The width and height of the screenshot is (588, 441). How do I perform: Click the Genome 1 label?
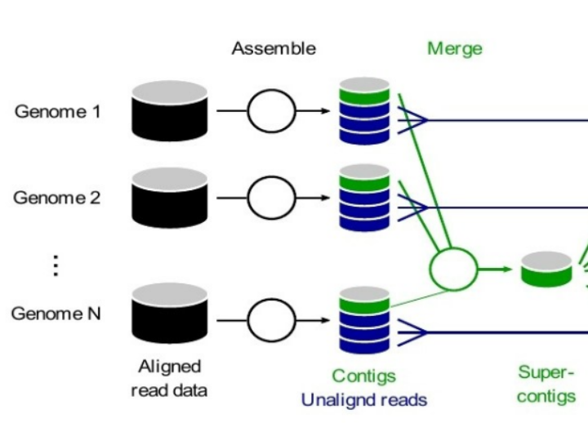pyautogui.click(x=57, y=111)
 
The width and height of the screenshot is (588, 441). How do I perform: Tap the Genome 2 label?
pyautogui.click(x=57, y=197)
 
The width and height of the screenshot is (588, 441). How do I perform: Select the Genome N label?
pyautogui.click(x=56, y=313)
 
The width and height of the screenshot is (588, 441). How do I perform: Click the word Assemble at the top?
pyautogui.click(x=274, y=48)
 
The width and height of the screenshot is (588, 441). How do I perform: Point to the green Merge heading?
pyautogui.click(x=455, y=48)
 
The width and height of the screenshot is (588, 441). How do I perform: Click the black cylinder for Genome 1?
pyautogui.click(x=169, y=110)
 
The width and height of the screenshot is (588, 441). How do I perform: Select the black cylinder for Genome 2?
pyautogui.click(x=169, y=197)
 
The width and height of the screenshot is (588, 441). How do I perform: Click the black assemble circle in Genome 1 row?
pyautogui.click(x=271, y=111)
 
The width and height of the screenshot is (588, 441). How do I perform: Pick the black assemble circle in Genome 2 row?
pyautogui.click(x=271, y=197)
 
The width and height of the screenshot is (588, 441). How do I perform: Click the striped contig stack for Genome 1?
pyautogui.click(x=364, y=109)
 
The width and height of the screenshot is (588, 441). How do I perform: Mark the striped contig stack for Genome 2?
pyautogui.click(x=364, y=196)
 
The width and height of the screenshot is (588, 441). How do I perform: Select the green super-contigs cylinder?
pyautogui.click(x=546, y=269)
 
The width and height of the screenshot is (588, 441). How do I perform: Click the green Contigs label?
pyautogui.click(x=363, y=376)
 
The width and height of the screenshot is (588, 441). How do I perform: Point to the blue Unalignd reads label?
pyautogui.click(x=363, y=400)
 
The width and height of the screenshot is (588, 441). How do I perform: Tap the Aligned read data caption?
pyautogui.click(x=169, y=378)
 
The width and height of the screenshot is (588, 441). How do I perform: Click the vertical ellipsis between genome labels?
pyautogui.click(x=56, y=266)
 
